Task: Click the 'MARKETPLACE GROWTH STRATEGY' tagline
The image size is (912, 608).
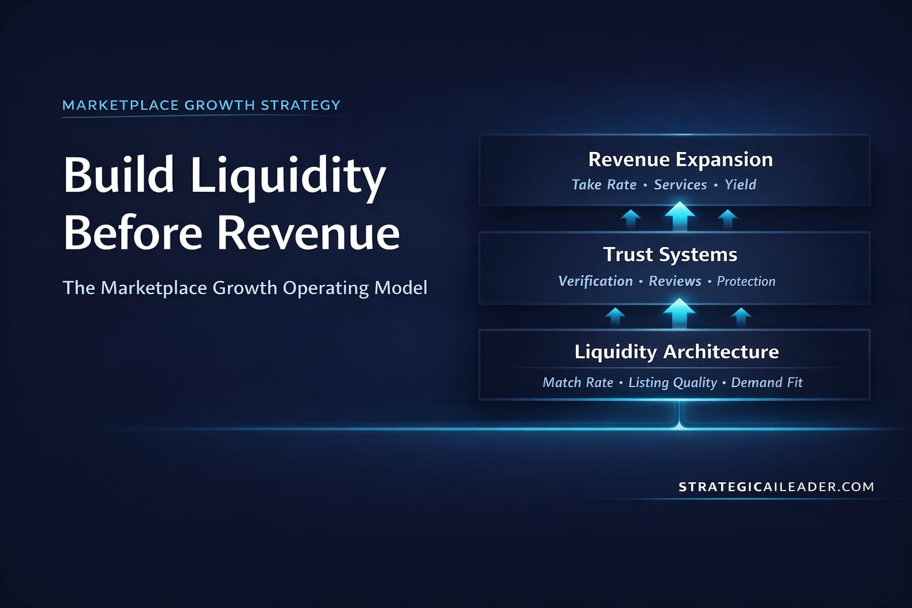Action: click(201, 106)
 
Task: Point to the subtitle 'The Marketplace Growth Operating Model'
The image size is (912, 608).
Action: click(245, 288)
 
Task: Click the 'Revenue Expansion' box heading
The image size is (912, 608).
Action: click(680, 160)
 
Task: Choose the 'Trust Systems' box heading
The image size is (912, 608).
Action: click(670, 255)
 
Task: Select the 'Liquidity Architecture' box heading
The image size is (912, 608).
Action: click(676, 351)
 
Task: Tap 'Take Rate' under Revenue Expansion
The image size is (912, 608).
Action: click(604, 185)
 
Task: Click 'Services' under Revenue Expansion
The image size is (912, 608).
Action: click(680, 185)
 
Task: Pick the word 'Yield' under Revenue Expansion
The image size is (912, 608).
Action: click(740, 185)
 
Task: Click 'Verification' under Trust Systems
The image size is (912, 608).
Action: click(596, 281)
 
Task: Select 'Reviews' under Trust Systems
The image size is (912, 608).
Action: click(675, 281)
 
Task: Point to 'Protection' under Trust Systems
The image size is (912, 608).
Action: click(746, 281)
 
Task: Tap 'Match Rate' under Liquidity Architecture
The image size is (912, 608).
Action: click(578, 382)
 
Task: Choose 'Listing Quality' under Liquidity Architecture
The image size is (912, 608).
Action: click(673, 382)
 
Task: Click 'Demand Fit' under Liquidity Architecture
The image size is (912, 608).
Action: click(767, 382)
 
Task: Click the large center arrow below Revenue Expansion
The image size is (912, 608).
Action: click(680, 216)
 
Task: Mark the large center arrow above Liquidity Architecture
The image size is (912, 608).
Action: click(679, 313)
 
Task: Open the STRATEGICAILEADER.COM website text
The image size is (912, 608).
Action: click(776, 487)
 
